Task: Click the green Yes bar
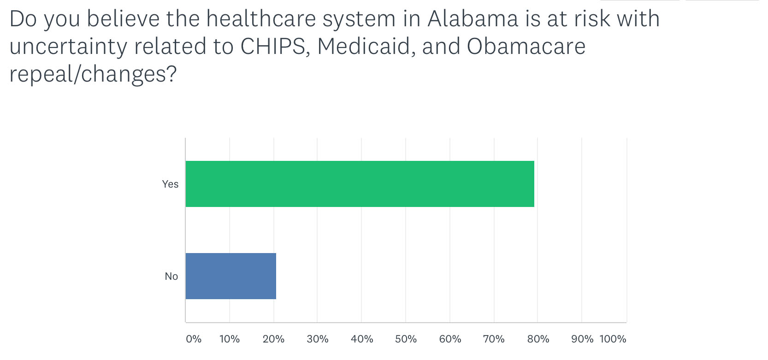point(360,184)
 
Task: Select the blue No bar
point(231,276)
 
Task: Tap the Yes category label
point(171,184)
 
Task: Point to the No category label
point(171,277)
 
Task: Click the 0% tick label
point(194,339)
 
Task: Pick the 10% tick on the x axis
point(230,339)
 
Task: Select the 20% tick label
point(274,339)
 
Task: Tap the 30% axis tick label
point(318,339)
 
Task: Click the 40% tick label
point(362,339)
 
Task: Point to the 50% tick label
point(406,339)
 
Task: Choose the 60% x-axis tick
point(450,339)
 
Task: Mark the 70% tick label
point(494,339)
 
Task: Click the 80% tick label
point(538,339)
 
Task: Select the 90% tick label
point(582,339)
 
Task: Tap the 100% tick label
point(613,339)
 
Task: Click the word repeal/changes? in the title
point(93,74)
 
